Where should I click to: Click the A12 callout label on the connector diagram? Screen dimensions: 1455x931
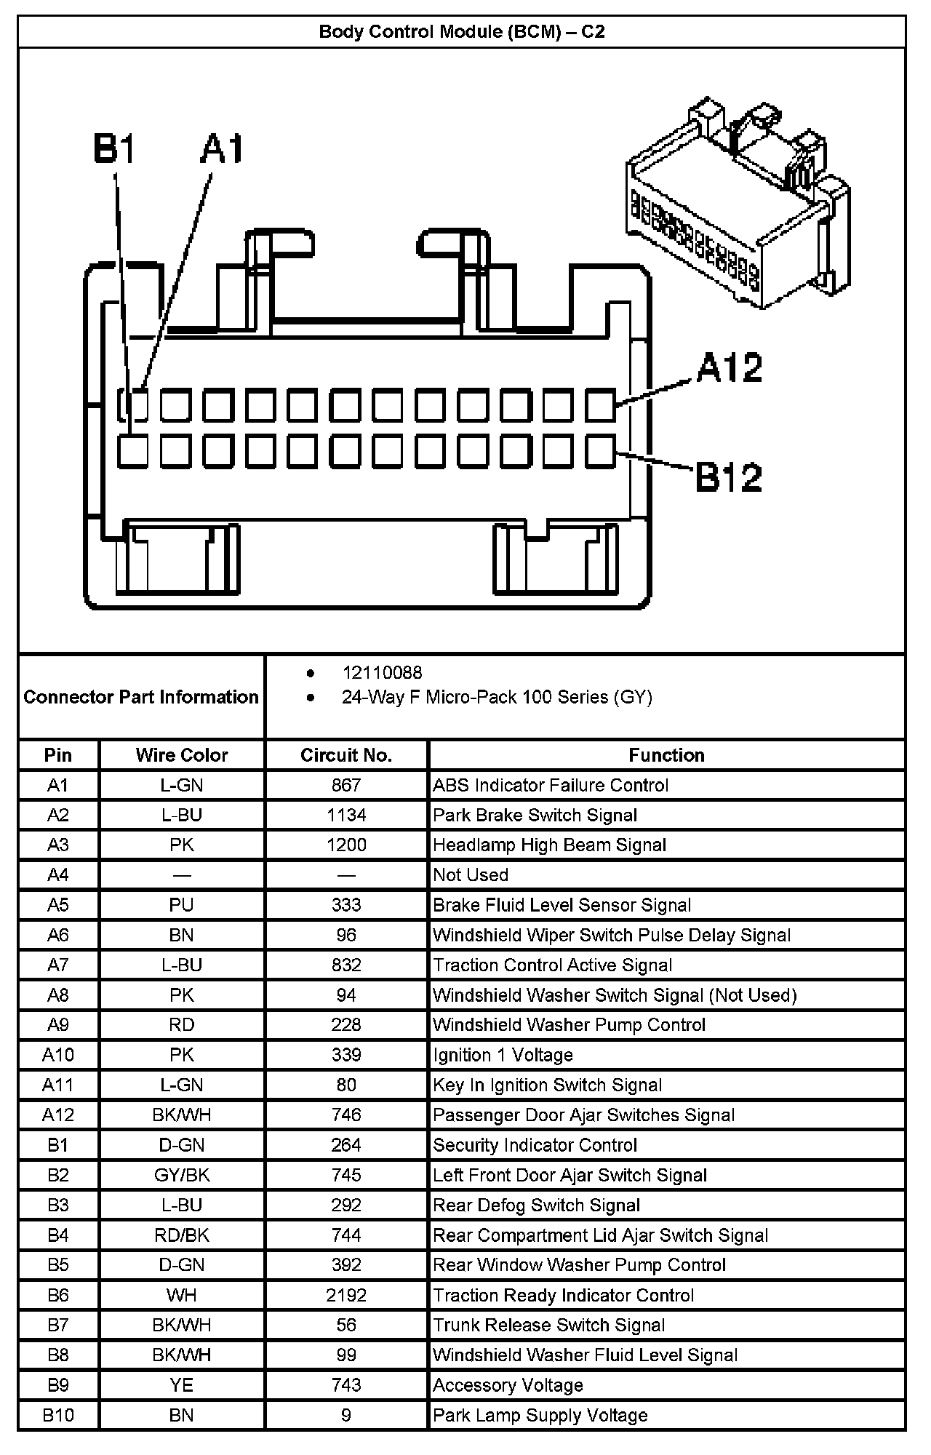click(729, 368)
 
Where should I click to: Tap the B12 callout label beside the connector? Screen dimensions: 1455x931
click(728, 477)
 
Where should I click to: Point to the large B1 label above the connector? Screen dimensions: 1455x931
click(114, 149)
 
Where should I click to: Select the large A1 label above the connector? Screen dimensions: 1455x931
click(223, 149)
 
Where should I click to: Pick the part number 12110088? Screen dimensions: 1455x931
click(382, 673)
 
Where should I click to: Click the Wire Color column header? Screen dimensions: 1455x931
click(182, 755)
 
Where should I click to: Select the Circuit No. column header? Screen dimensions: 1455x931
click(346, 755)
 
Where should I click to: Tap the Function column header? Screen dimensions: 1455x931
click(666, 755)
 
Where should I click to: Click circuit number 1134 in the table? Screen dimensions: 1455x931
click(346, 816)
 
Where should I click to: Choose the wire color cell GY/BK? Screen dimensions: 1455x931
click(182, 1175)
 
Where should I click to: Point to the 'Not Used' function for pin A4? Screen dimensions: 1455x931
click(471, 875)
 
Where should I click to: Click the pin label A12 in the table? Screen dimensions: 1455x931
click(58, 1115)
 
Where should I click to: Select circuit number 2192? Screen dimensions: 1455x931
click(346, 1295)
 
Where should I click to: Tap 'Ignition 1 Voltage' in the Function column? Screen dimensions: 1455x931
click(503, 1055)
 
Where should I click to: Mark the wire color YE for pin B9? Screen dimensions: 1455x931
click(182, 1385)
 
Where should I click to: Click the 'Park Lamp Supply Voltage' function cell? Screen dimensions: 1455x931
click(540, 1415)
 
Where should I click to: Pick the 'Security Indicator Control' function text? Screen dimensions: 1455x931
click(535, 1145)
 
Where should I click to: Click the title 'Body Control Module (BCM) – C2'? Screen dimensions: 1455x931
click(462, 32)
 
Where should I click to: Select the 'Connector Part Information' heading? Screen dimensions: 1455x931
click(141, 697)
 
